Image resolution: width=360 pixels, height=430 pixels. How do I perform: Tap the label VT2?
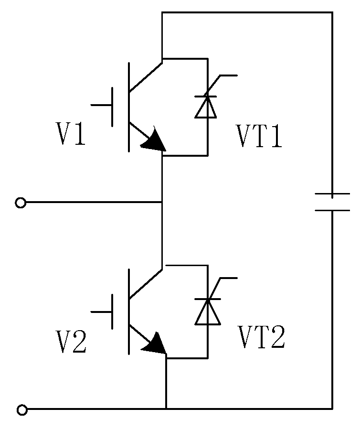pyautogui.click(x=262, y=338)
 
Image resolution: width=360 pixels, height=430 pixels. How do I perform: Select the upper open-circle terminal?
pyautogui.click(x=21, y=203)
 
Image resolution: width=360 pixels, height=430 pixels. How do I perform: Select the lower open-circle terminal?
pyautogui.click(x=22, y=409)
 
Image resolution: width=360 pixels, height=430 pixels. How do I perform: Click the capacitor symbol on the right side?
pyautogui.click(x=332, y=202)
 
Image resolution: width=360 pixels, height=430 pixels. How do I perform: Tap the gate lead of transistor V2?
pyautogui.click(x=101, y=312)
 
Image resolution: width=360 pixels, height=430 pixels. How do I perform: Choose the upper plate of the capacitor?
pyautogui.click(x=332, y=194)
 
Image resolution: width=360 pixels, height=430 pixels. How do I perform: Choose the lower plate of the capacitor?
pyautogui.click(x=332, y=210)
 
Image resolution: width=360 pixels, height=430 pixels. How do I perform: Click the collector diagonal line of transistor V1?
pyautogui.click(x=146, y=75)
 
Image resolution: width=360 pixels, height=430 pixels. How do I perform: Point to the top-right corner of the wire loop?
pyautogui.click(x=332, y=13)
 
